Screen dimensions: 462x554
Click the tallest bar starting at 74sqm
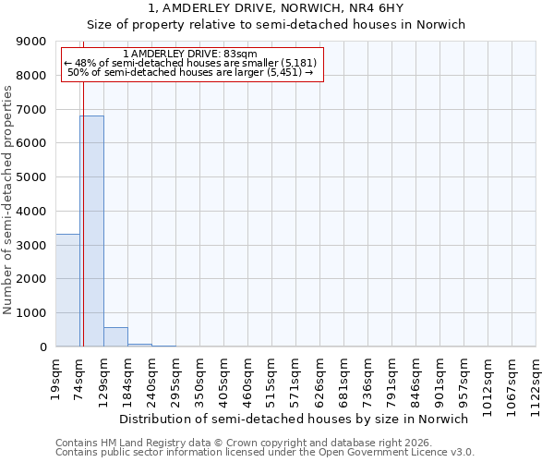[91, 231]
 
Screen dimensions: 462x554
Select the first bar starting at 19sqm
[67, 290]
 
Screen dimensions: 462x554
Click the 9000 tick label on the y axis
[32, 42]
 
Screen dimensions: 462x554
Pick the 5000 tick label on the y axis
[32, 177]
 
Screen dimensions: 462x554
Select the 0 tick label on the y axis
[42, 347]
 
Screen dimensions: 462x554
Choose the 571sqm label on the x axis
[295, 377]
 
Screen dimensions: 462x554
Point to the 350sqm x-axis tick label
[199, 377]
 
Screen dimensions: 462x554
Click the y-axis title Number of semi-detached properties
[8, 200]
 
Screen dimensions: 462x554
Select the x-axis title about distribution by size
[295, 419]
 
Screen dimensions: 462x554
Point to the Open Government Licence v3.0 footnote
[265, 453]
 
